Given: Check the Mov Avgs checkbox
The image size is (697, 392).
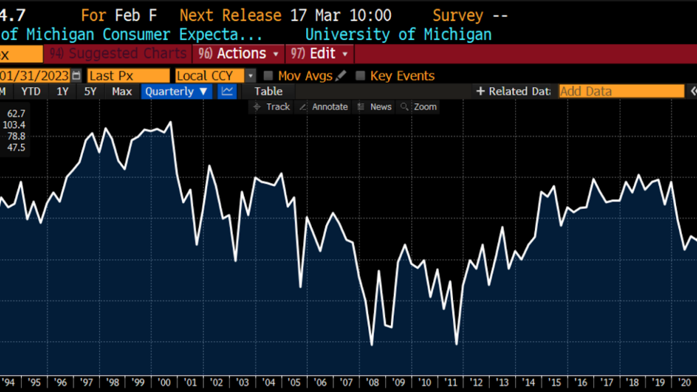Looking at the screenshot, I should [x=268, y=75].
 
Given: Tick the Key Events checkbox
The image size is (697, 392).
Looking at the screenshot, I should [x=361, y=75].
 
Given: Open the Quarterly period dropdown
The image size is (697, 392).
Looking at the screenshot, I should [x=176, y=91].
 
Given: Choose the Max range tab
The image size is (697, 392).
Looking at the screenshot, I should [x=122, y=91].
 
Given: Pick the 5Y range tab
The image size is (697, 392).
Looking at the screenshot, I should [x=90, y=91].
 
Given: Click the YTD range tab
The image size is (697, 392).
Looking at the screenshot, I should [x=31, y=91].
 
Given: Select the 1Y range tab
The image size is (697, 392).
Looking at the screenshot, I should [x=62, y=91].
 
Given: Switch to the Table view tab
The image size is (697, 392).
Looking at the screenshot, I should [x=268, y=91].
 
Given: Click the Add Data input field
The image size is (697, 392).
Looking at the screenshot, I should [x=621, y=91].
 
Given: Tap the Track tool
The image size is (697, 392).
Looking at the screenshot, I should [x=272, y=107].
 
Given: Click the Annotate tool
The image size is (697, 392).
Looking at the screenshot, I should [x=324, y=107].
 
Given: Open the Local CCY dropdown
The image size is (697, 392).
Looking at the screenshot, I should [x=215, y=75].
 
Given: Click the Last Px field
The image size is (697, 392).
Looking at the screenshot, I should [x=128, y=75].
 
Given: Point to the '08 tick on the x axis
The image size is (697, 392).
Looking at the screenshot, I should [x=372, y=382].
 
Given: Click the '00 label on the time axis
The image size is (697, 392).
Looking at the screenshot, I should [x=164, y=382].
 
